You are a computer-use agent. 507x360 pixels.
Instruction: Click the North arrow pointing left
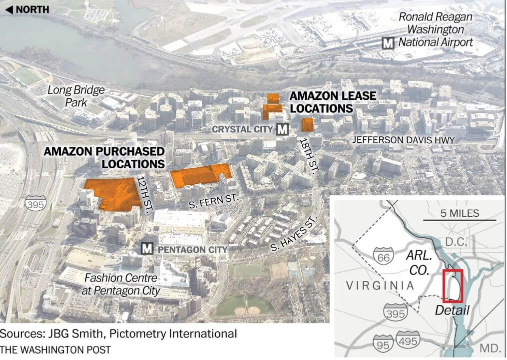pos(9,9)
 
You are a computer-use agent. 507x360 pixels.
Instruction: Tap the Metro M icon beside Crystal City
pos(283,129)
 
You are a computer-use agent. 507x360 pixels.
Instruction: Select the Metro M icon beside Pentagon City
pos(147,249)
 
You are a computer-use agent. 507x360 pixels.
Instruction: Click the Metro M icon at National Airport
pos(388,43)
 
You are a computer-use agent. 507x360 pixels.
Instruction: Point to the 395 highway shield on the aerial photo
pos(36,204)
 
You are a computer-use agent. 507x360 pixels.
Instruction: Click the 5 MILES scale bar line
pos(460,220)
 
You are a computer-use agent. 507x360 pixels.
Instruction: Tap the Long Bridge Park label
pos(76,96)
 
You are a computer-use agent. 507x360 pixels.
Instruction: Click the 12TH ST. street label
pos(144,195)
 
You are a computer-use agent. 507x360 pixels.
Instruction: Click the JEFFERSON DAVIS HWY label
pos(404,140)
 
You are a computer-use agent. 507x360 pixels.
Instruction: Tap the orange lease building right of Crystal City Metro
pos(308,125)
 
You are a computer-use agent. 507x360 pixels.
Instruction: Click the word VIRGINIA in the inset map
pos(380,285)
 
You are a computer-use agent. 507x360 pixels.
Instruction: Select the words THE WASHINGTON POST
pos(55,350)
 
